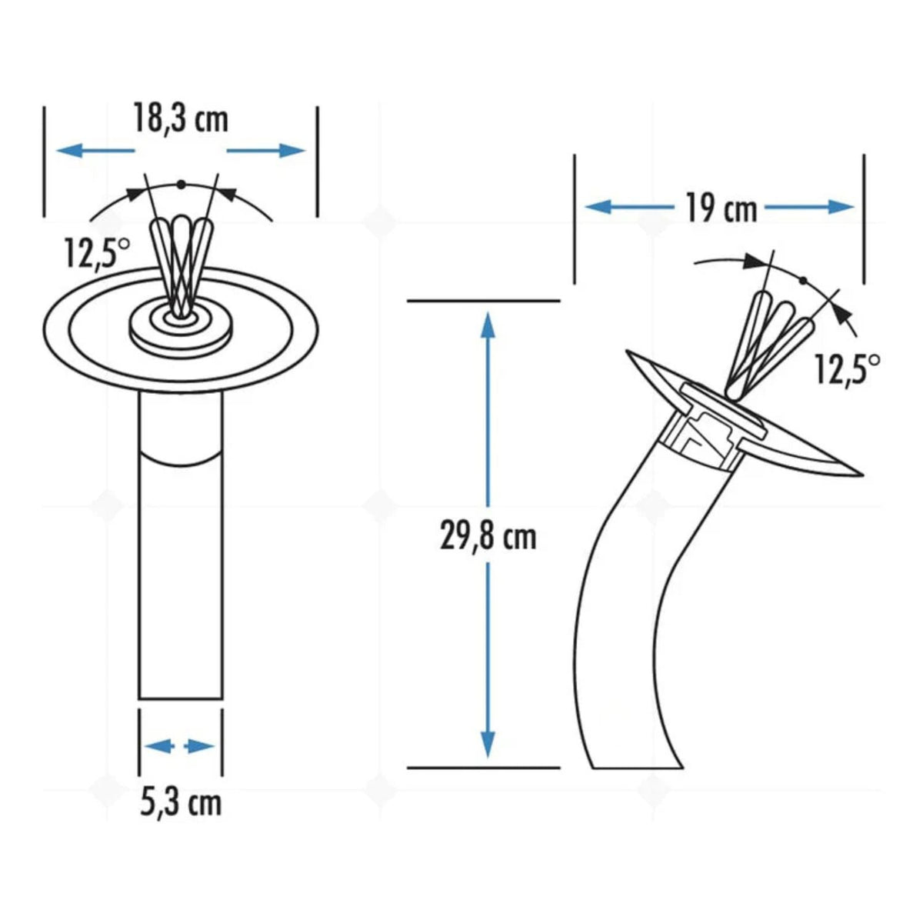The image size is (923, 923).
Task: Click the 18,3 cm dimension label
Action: pyautogui.click(x=181, y=118)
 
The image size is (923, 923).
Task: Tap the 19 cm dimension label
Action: pyautogui.click(x=721, y=208)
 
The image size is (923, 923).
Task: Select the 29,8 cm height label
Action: pyautogui.click(x=488, y=538)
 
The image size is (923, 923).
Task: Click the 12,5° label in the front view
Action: pyautogui.click(x=97, y=253)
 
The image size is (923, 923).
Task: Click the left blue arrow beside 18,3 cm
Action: pyautogui.click(x=95, y=151)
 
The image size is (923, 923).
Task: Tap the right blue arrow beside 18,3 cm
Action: pyautogui.click(x=266, y=151)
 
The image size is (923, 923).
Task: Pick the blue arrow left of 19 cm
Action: pyautogui.click(x=629, y=208)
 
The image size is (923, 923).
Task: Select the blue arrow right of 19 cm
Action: pyautogui.click(x=809, y=208)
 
